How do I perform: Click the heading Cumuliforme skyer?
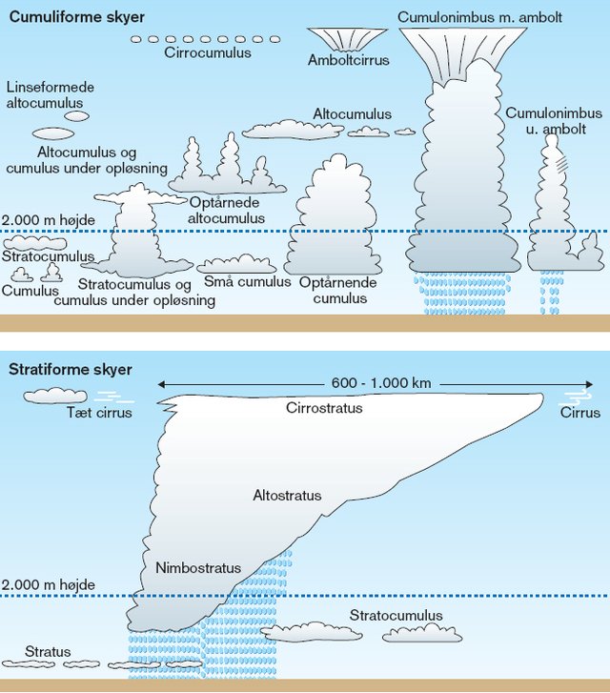coord(77,17)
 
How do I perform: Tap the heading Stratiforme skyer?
coord(71,370)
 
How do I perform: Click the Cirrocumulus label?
coord(208,52)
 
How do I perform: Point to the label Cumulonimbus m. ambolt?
coord(479,17)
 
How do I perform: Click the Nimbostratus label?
coord(198,567)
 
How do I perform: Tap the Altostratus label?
coord(287,495)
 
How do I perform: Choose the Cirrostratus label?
coord(324,407)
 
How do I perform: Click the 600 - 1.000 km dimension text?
coord(381,383)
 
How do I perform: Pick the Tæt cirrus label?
coord(99,413)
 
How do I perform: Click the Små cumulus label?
coord(247,281)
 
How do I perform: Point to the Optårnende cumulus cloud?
coord(333,215)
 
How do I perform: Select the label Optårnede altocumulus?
coord(226,211)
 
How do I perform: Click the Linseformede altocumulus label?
coord(50,95)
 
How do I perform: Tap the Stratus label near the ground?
coord(48,651)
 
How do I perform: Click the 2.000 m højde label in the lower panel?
coord(49,584)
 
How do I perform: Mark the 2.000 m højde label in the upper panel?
coord(49,219)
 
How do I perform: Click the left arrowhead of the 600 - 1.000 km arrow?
coord(161,384)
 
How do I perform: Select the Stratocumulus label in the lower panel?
coord(396,615)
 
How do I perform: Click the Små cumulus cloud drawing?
coord(236,264)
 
